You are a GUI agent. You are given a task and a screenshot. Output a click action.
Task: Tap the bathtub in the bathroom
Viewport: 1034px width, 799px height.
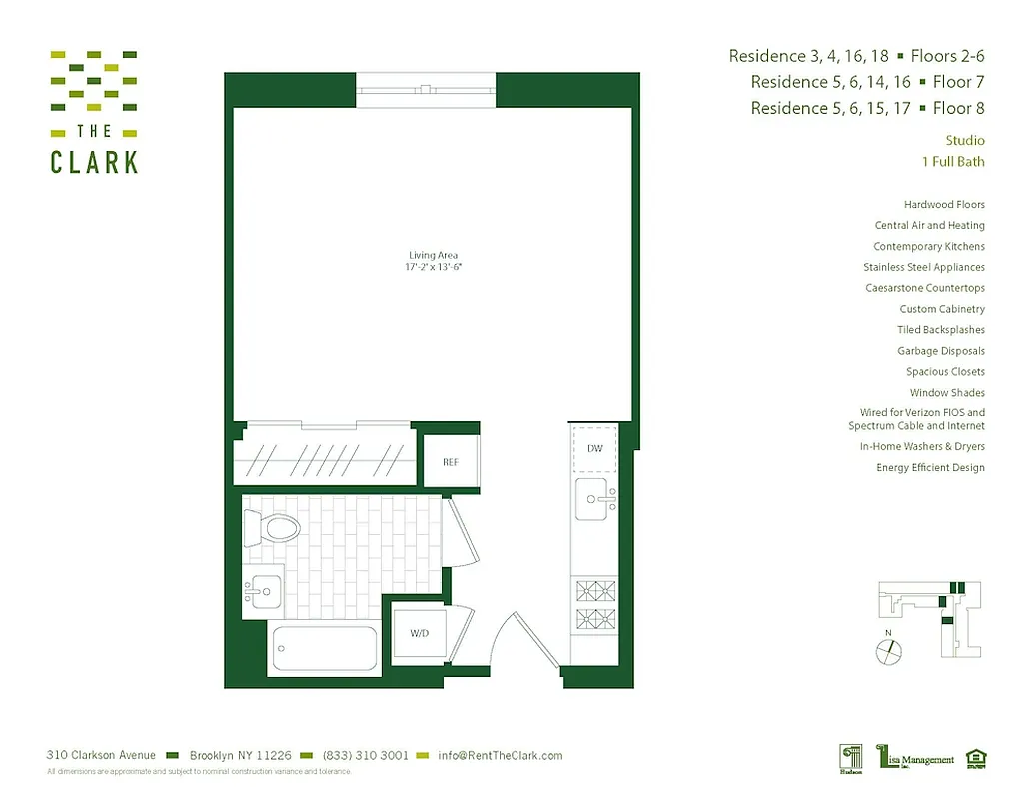tap(322, 649)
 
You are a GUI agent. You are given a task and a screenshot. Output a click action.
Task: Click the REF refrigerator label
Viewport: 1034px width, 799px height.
tap(452, 461)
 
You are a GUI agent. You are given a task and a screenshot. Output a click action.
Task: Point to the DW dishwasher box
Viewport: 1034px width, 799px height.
tap(594, 448)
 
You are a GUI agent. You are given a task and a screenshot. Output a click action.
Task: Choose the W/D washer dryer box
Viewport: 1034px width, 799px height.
tap(420, 634)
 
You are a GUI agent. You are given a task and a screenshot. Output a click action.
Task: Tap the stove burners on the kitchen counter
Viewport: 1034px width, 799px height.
tap(594, 603)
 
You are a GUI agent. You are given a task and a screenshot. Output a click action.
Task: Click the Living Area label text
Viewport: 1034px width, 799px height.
tap(433, 256)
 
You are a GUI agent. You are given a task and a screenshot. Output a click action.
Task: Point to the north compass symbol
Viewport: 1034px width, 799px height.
tap(888, 650)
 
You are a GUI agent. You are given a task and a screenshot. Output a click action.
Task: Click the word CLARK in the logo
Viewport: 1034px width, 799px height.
tap(94, 161)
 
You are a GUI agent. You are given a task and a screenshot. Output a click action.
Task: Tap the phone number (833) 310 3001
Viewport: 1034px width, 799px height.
tap(365, 756)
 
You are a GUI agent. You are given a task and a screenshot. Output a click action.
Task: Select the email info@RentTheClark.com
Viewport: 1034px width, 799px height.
tap(499, 756)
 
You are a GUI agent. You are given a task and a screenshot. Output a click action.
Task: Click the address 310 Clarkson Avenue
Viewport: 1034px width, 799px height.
tap(101, 756)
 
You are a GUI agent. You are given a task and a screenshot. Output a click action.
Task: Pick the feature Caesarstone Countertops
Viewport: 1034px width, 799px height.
tap(925, 288)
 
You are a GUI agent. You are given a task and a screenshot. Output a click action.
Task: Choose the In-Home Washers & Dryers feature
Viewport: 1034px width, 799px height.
tap(922, 447)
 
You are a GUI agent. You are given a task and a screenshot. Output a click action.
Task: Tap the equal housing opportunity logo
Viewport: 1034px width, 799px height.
tap(976, 758)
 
